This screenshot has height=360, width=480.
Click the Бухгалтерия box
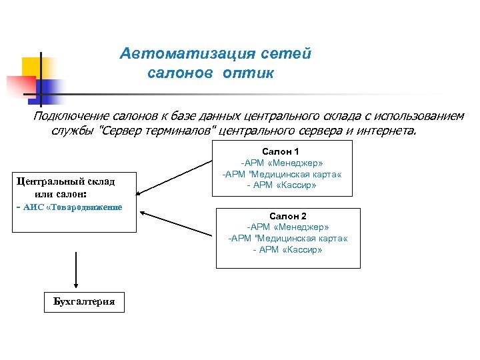tap(84, 302)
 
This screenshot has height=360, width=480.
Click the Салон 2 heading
tap(287, 217)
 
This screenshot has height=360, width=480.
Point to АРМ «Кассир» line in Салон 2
tap(287, 249)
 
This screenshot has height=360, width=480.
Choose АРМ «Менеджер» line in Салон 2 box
tap(287, 227)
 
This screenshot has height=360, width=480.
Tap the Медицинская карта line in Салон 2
tap(287, 238)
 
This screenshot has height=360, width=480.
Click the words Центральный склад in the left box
tap(65, 181)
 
